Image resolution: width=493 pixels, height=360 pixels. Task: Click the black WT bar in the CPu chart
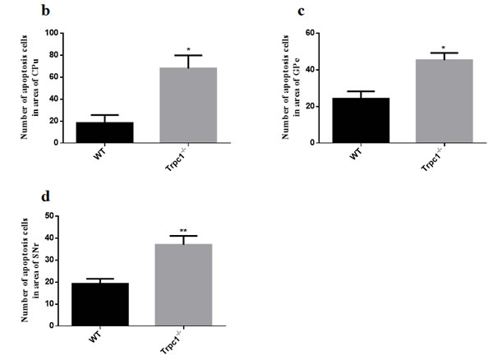[104, 132]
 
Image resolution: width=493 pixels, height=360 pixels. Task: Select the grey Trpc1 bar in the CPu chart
[188, 105]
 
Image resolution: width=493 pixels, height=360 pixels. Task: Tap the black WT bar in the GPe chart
[361, 121]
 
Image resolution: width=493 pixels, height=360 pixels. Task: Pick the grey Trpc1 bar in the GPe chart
[445, 101]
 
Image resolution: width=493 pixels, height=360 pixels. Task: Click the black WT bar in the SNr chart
[100, 304]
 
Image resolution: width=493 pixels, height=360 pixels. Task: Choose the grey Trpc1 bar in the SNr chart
[183, 285]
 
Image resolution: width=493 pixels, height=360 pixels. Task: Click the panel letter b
[45, 11]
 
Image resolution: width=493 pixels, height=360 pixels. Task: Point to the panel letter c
[301, 12]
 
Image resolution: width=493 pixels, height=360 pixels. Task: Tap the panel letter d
[45, 196]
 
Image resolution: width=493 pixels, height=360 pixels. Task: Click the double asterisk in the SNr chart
[183, 231]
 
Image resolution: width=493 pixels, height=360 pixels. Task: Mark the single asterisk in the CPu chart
[188, 49]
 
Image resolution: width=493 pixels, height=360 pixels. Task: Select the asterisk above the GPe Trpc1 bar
[444, 48]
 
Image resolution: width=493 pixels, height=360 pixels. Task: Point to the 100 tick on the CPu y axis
[53, 33]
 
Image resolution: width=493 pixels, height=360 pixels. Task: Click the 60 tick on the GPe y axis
[311, 33]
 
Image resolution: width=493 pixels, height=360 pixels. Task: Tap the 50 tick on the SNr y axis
[49, 216]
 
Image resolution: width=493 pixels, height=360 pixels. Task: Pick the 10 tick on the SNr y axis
[49, 304]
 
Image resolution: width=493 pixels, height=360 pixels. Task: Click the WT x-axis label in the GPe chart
[356, 154]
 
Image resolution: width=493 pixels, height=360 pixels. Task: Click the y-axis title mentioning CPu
[30, 87]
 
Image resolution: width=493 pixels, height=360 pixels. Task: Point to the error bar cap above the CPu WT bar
[104, 115]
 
